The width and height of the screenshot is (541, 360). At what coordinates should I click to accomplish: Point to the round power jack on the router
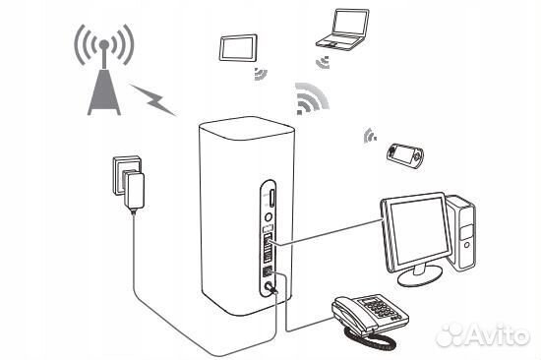point(268,288)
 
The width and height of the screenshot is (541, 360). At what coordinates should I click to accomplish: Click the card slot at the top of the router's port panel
point(269,201)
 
